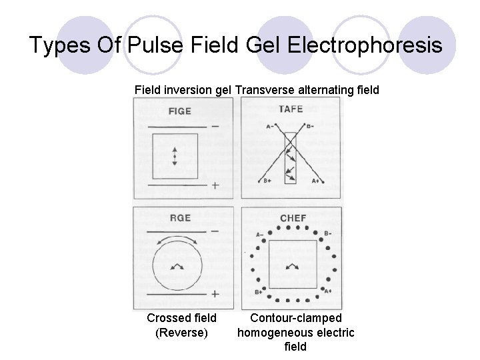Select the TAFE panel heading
point(290,109)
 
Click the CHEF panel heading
point(293,218)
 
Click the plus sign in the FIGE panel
point(215,186)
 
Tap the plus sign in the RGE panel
point(215,293)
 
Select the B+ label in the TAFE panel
point(266,181)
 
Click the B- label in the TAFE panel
point(310,125)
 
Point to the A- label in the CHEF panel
point(259,234)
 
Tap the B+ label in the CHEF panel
point(258,292)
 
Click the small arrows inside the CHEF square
point(292,265)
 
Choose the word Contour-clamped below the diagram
point(296,319)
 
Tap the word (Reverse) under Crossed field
point(181,333)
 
